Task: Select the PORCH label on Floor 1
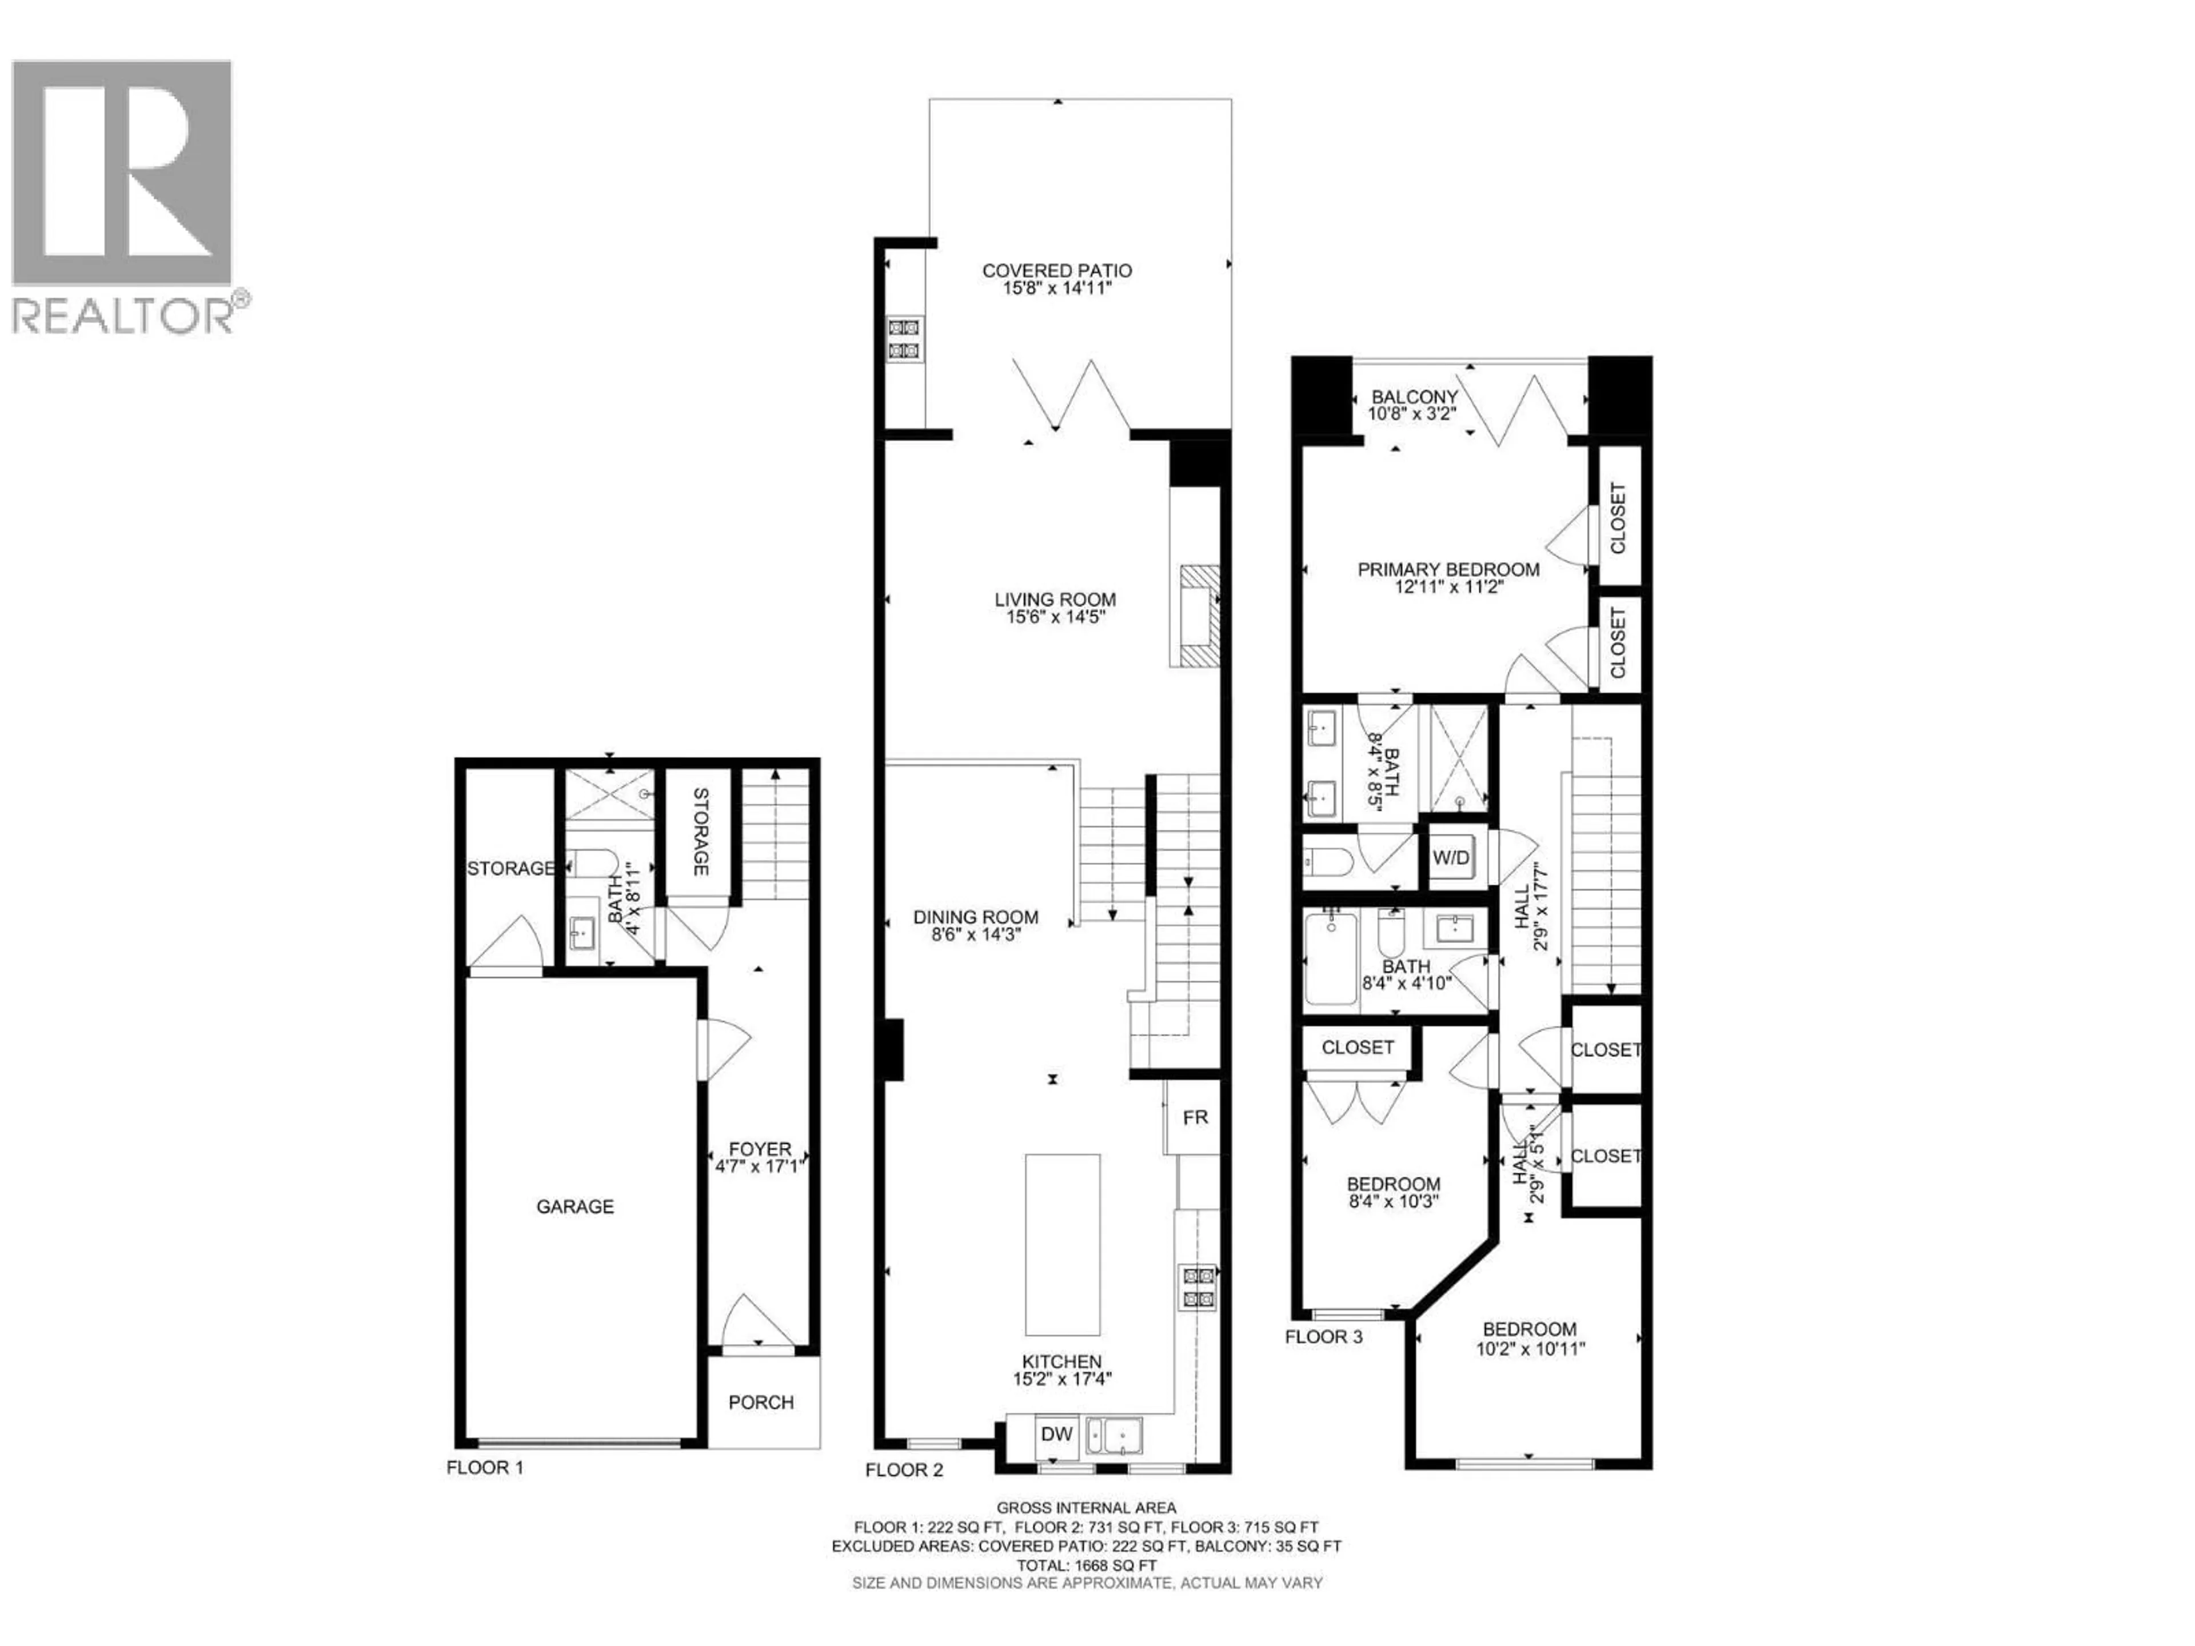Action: point(761,1402)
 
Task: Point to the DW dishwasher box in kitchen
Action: point(1057,1433)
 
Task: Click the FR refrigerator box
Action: point(1195,1117)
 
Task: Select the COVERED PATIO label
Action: point(1057,270)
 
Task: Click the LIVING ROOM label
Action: point(1055,600)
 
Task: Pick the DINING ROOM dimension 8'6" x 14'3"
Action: point(975,934)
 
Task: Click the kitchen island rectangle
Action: point(1063,1244)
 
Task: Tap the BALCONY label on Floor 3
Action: point(1414,397)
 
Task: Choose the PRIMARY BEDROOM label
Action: point(1448,569)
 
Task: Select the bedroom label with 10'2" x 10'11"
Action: point(1529,1329)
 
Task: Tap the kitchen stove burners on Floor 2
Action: point(1198,1288)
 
